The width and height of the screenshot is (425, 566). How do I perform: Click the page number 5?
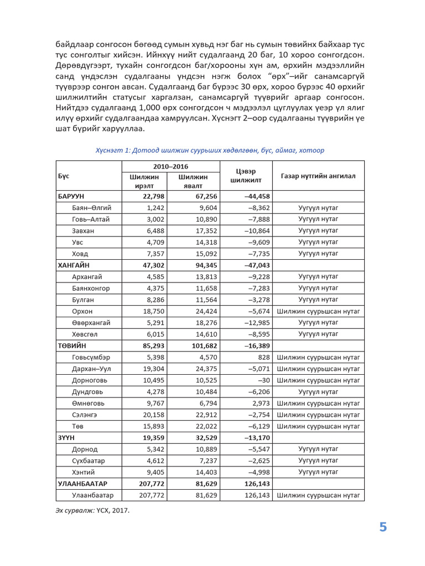coord(383,527)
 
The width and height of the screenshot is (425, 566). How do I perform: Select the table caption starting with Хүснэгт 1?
coord(210,150)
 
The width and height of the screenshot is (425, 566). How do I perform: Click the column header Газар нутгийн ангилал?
coord(318,176)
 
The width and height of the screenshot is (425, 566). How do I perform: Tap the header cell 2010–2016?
coord(171,166)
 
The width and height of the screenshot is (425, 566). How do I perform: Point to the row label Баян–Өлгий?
coord(91,208)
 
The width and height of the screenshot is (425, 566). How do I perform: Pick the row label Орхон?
coord(82,311)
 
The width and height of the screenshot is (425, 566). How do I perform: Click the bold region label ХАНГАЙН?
coord(74,265)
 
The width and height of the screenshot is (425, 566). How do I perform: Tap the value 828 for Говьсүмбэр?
coord(263,357)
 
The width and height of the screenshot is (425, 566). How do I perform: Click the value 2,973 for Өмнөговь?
coord(260,403)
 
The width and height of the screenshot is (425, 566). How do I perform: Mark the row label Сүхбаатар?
coord(88,460)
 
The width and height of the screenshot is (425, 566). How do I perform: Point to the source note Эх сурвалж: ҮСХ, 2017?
coord(93,511)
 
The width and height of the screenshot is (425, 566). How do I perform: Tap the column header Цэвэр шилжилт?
coord(246,176)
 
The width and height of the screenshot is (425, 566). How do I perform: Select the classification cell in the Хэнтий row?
coord(318,472)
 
